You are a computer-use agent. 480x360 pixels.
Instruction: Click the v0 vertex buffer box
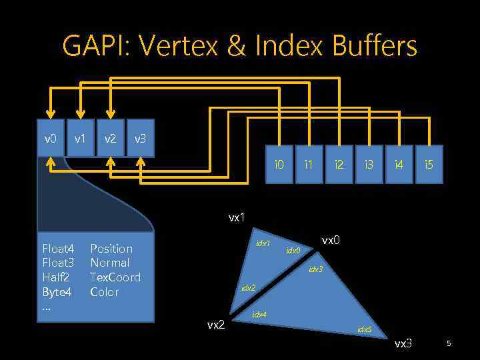50,139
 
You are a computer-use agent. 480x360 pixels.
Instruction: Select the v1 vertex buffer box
80,139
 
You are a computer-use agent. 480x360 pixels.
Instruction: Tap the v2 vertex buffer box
110,139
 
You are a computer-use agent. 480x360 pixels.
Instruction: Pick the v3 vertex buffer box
140,139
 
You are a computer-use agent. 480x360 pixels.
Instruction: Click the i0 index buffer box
279,164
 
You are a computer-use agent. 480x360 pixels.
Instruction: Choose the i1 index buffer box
309,164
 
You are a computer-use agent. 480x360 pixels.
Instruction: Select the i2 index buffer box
339,164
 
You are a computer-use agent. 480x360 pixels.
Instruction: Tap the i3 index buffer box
369,164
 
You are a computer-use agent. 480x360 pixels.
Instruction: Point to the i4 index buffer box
399,164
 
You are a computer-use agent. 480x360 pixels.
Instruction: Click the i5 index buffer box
429,164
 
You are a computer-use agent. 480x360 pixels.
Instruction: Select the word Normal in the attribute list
110,263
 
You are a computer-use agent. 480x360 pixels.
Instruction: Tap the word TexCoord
115,277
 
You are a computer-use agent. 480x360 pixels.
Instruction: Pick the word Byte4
57,292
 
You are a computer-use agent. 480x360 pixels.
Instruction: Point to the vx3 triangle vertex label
403,343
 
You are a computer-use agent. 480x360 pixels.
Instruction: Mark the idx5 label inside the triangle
365,329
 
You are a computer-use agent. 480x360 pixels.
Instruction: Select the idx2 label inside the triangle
248,288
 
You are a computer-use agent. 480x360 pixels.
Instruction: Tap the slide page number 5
449,343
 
